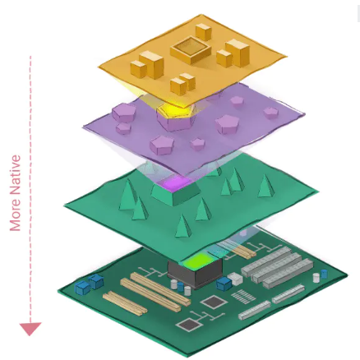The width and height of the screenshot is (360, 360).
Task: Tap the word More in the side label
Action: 16,213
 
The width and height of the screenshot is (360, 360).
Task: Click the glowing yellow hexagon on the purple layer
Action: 175,111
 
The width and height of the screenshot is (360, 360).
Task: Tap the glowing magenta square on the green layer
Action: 175,182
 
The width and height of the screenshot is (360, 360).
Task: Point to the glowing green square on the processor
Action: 196,261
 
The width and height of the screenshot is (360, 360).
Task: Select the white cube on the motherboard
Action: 236,279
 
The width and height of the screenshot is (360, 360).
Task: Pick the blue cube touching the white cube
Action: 224,284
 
